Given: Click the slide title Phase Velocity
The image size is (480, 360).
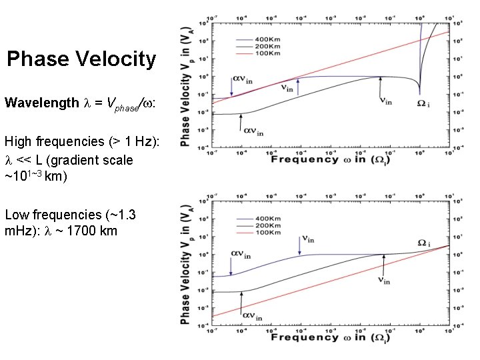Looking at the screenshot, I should point(81,59).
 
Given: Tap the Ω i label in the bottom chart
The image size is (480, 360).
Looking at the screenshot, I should point(424,242).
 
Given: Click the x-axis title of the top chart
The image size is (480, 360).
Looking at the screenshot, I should point(330,159).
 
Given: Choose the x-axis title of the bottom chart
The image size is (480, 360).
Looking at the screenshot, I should point(330,337).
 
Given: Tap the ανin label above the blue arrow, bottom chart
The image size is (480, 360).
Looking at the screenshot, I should point(241,254).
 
